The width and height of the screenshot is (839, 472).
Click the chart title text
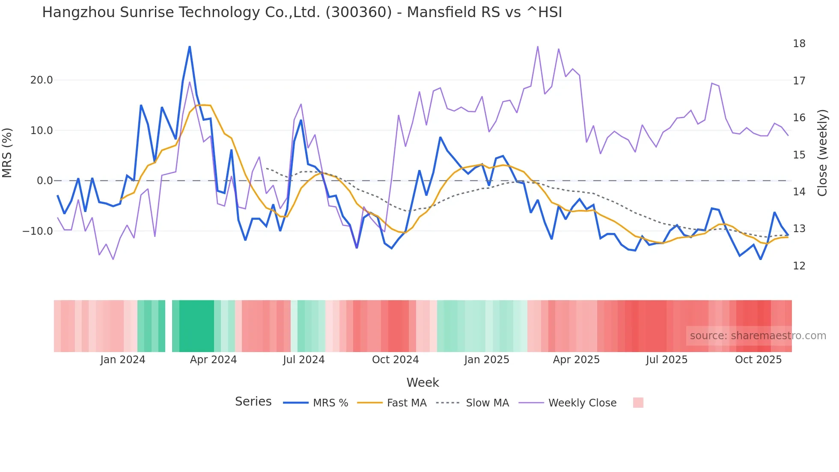[x=302, y=12]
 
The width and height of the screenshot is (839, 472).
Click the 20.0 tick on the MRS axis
[x=42, y=80]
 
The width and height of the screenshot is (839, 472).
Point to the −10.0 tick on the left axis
[x=38, y=231]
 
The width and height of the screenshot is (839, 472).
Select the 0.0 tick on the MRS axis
[x=45, y=181]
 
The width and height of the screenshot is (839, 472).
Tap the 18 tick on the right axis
[x=799, y=44]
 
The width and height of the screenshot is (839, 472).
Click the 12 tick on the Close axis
[x=799, y=266]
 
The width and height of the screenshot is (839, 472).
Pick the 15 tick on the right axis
[x=799, y=155]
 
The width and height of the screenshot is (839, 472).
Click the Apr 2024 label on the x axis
[x=213, y=360]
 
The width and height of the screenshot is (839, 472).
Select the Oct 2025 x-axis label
[x=758, y=360]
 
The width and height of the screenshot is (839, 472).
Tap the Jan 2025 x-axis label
[x=487, y=360]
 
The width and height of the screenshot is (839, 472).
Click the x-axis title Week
[x=422, y=382]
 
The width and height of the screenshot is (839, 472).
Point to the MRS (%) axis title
[x=7, y=153]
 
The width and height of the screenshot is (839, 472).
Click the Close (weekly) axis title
[x=822, y=153]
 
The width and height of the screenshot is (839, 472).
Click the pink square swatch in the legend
[x=638, y=403]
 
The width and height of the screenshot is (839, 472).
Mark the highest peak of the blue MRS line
[x=190, y=47]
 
